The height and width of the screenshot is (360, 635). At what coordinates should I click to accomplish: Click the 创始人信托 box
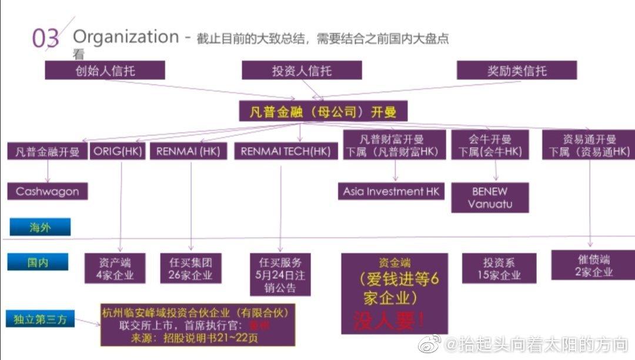point(105,71)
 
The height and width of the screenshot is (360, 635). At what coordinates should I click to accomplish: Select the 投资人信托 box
point(302,71)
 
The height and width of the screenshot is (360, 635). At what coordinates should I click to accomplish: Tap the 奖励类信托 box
point(517,71)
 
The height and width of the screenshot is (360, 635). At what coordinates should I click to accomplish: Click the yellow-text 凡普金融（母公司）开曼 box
point(323,111)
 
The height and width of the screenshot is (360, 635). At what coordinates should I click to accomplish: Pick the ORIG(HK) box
point(118,151)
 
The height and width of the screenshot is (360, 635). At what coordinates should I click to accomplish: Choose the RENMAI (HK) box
point(188,151)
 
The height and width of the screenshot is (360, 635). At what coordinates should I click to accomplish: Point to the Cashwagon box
point(48,191)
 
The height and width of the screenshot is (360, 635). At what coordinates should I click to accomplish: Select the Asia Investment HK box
point(392,191)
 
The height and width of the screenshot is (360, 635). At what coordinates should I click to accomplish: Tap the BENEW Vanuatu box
point(490,198)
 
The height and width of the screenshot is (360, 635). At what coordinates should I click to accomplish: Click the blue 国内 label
point(38,262)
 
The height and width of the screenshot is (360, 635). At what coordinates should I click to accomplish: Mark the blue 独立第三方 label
point(41,320)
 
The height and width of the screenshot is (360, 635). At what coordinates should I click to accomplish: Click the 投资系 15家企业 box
point(499,268)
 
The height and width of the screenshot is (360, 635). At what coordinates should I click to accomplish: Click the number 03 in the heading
point(45,38)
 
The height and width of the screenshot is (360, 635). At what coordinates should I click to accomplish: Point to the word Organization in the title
point(125,37)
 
